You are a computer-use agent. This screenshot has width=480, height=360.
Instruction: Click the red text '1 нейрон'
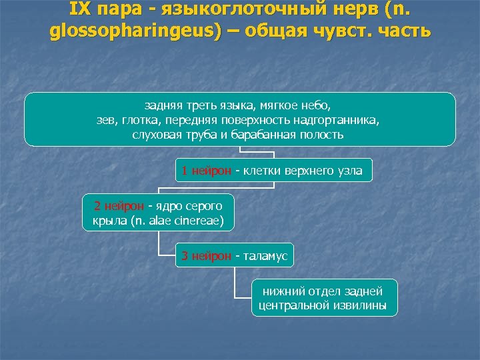[x=205, y=171]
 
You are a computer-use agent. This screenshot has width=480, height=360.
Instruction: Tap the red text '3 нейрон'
[x=205, y=256]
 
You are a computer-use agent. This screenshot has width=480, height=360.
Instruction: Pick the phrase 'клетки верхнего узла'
[x=303, y=171]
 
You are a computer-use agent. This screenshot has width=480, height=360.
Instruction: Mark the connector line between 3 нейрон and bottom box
[x=235, y=283]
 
